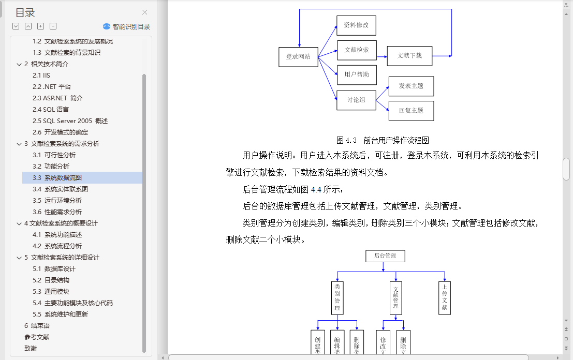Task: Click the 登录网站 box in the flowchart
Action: click(298, 56)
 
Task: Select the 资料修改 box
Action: click(356, 25)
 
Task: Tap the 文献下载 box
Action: click(409, 55)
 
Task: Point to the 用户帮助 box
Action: click(357, 74)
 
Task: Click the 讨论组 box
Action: click(356, 100)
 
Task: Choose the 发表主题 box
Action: click(411, 86)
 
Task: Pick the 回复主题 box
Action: click(411, 111)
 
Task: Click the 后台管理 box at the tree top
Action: click(385, 256)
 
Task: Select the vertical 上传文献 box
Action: click(444, 298)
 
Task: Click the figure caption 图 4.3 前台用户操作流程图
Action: click(383, 140)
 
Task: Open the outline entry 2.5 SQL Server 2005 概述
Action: click(70, 121)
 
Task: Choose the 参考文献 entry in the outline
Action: click(37, 337)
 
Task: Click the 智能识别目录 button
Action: click(127, 26)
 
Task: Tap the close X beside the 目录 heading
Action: click(144, 12)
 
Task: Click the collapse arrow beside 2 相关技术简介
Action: click(19, 64)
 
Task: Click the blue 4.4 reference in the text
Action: click(316, 189)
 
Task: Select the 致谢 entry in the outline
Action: click(31, 349)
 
